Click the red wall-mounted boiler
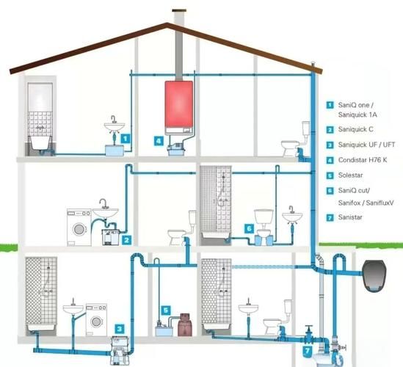point(179,108)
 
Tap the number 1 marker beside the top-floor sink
point(126,139)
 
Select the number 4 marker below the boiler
point(159,141)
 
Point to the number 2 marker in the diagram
point(126,240)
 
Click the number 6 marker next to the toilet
point(249,228)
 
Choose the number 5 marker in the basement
point(166,310)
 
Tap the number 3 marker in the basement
point(120,329)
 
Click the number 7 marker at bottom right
point(307,351)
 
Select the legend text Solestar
point(351,175)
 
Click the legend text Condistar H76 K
point(363,160)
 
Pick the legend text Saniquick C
point(355,129)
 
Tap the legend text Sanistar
point(350,217)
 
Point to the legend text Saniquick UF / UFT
point(366,145)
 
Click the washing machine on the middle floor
point(79,228)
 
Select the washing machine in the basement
point(96,320)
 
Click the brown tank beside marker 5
point(185,324)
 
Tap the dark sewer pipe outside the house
point(375,276)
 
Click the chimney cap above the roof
point(179,10)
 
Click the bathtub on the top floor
point(41,145)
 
